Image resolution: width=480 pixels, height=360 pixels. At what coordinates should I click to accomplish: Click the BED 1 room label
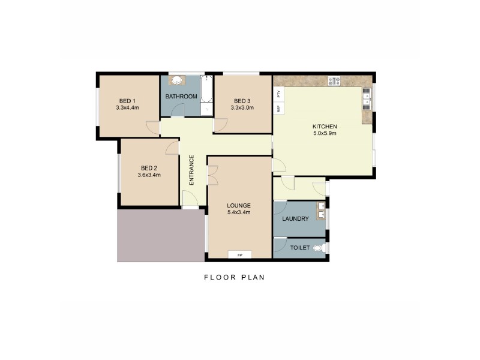point(127,101)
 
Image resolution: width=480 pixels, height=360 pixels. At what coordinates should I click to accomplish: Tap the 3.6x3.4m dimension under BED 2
point(149,175)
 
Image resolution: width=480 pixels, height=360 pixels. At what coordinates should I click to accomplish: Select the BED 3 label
point(242,101)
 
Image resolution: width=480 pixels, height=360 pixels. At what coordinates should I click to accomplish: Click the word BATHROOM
point(181,97)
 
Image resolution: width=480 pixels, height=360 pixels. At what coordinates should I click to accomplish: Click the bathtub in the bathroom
point(206,94)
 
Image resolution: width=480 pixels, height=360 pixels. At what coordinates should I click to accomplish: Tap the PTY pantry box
point(278,94)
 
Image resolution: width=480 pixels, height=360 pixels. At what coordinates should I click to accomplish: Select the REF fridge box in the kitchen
point(278,109)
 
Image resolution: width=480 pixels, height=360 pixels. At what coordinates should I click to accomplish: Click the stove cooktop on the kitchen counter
point(334,80)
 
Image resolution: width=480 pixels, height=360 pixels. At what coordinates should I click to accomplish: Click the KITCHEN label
point(325,127)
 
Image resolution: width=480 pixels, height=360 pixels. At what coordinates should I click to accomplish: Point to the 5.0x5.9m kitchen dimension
point(325,134)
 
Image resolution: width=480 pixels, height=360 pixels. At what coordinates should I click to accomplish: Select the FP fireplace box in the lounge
point(240,255)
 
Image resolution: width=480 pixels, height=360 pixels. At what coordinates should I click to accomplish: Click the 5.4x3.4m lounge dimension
point(239,212)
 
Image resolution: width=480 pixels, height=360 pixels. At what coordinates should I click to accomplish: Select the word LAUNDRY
point(296,219)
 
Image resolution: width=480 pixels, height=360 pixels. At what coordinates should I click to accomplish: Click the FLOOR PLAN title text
point(234,277)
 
